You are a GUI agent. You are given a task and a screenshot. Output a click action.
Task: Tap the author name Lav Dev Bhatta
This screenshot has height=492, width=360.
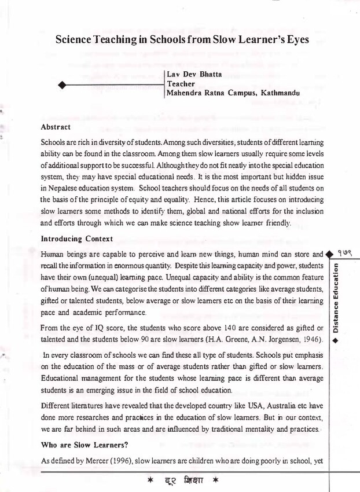coord(190,75)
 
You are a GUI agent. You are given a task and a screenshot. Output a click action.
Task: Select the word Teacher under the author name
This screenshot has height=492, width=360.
coord(181,83)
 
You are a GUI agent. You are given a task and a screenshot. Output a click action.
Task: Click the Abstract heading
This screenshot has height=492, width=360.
coord(56,127)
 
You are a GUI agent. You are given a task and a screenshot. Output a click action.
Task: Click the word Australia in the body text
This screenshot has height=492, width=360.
coord(293,406)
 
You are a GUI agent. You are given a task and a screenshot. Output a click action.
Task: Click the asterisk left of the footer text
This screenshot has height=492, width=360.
coord(149,481)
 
